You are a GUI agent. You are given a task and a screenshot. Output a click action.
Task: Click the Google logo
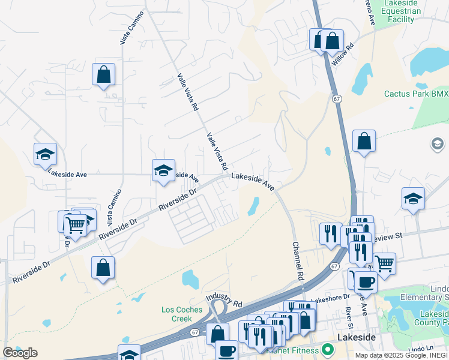click(20, 353)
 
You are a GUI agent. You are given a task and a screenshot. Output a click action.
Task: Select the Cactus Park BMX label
click(416, 94)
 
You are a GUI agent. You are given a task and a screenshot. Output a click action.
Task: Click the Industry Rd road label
click(223, 297)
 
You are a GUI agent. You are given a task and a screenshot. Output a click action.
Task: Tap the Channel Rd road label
click(296, 262)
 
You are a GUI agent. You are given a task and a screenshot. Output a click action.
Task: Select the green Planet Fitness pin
click(327, 349)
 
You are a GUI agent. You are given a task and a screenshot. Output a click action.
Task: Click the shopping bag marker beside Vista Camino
click(103, 75)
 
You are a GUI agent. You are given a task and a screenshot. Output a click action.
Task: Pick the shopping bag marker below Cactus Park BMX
click(364, 142)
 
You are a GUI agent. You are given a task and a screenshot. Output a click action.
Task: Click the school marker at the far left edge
click(45, 155)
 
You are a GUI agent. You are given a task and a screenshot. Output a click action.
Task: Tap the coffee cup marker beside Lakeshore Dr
click(366, 281)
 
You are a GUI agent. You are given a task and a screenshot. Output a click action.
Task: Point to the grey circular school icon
click(437, 144)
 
